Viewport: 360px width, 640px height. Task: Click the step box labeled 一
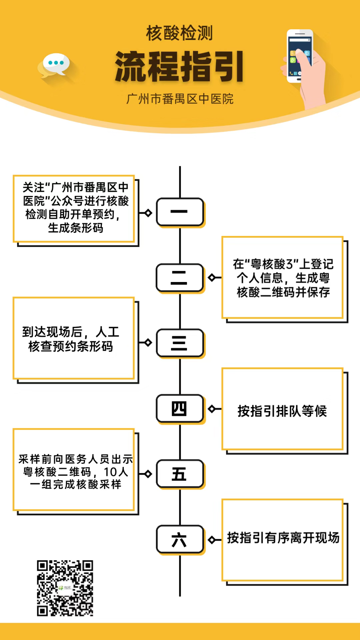point(180,212)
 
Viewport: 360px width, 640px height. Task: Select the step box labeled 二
point(180,278)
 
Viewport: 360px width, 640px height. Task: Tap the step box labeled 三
point(180,343)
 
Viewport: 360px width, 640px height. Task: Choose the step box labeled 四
point(180,409)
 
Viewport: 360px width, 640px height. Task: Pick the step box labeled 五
point(180,474)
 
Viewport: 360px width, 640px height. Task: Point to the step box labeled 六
point(180,539)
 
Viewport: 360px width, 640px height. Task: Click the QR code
point(65,588)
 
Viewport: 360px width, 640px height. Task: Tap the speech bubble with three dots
point(56,63)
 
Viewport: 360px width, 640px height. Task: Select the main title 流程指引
point(179,67)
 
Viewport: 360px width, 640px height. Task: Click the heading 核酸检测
point(179,33)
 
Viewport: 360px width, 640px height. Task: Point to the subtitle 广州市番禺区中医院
point(180,99)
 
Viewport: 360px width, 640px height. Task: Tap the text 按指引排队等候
point(282,411)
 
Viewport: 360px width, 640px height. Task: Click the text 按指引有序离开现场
point(283,538)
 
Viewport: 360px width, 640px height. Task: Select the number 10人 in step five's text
point(116,472)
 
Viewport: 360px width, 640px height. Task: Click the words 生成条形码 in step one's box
point(76,228)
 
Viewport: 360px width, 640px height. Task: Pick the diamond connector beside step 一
point(148,213)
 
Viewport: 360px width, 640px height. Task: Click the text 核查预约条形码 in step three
point(71,347)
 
